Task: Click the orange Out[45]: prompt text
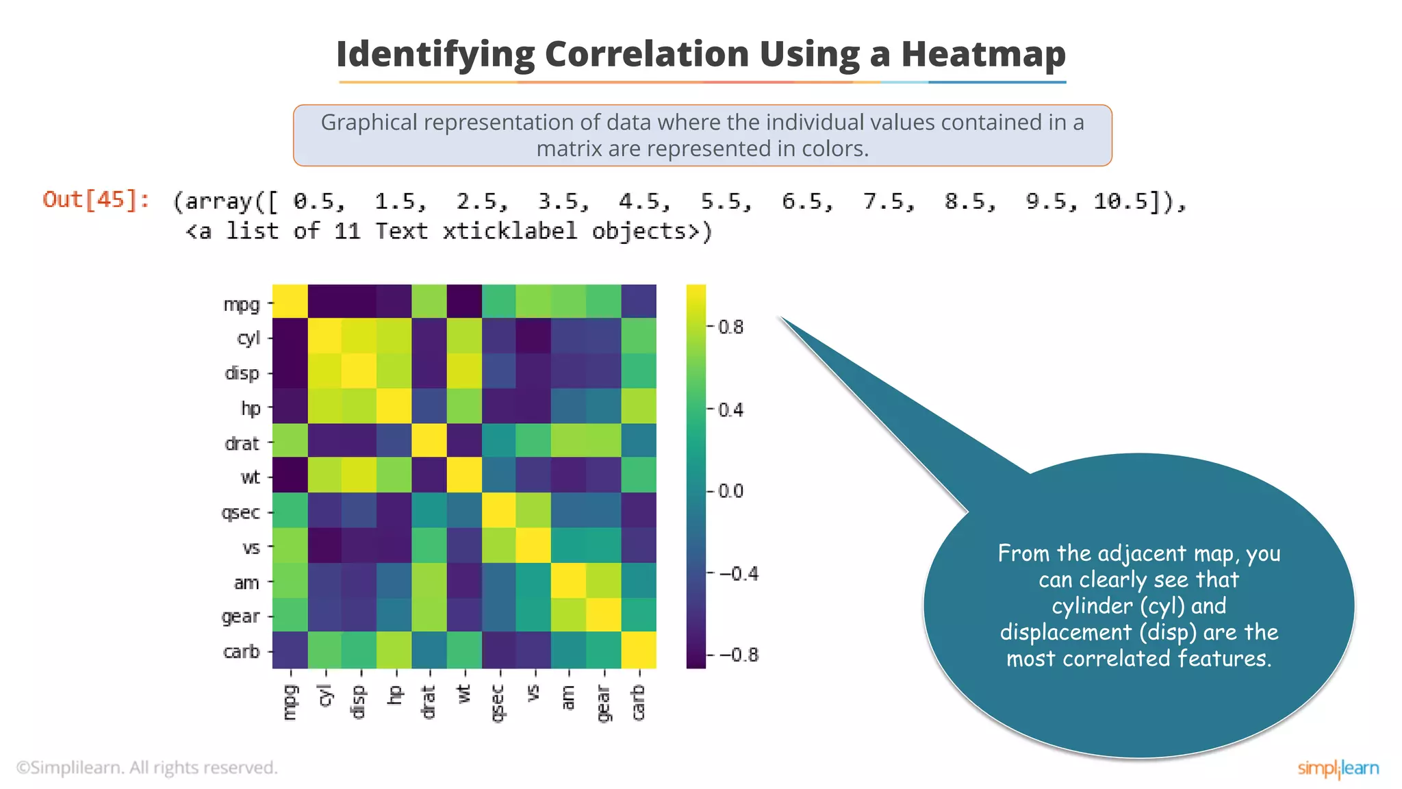[x=96, y=199]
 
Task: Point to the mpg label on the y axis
[x=242, y=303]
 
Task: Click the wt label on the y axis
[x=251, y=477]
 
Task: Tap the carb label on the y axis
[x=242, y=651]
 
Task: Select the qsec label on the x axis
[x=498, y=703]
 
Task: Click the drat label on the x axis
[x=429, y=701]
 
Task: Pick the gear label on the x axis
[x=603, y=703]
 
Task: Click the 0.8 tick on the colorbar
[x=730, y=327]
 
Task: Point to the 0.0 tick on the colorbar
[x=730, y=491]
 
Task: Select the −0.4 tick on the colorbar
[x=739, y=573]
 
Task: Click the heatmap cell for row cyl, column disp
[x=359, y=336]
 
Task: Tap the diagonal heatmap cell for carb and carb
[x=639, y=650]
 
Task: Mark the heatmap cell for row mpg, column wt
[x=464, y=301]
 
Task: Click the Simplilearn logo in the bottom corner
[x=1338, y=768]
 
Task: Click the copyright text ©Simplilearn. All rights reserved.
[x=147, y=768]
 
